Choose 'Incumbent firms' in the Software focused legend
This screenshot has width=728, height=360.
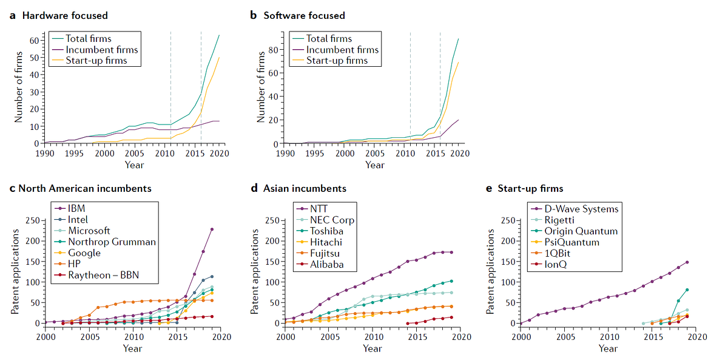[x=342, y=50]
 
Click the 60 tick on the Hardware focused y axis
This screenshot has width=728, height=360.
[x=34, y=41]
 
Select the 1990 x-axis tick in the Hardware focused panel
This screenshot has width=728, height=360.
[x=44, y=154]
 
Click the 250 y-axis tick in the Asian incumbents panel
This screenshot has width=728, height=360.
[x=271, y=220]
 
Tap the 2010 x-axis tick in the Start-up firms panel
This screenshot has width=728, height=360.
[x=608, y=336]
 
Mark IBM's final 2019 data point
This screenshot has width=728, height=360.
[x=212, y=229]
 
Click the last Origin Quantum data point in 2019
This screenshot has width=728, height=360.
[x=687, y=290]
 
